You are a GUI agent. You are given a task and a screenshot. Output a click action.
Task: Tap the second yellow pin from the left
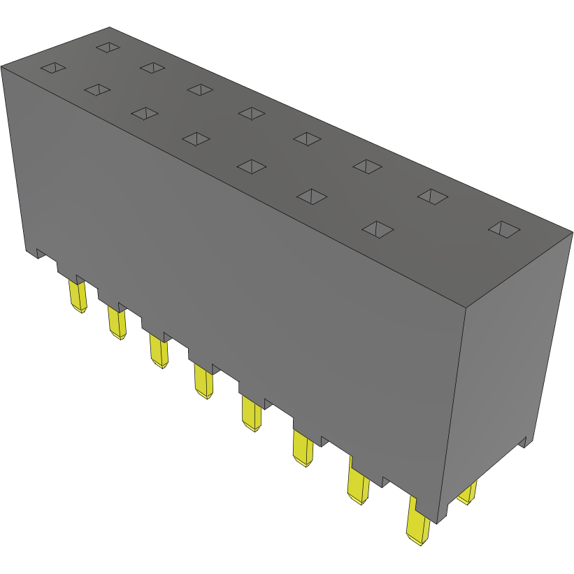(x=117, y=324)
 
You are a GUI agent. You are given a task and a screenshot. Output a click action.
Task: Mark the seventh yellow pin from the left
(x=358, y=486)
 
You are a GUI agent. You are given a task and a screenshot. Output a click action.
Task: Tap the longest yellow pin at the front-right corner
(x=418, y=524)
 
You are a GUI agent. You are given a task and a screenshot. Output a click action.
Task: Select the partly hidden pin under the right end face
(x=468, y=493)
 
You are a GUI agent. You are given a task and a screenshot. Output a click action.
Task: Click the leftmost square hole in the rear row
(x=108, y=47)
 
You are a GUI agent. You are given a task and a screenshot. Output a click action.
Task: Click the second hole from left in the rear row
(x=152, y=67)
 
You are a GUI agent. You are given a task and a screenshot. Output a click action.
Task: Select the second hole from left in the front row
(x=97, y=89)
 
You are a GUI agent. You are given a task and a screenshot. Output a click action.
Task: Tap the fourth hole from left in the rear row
(x=252, y=113)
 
